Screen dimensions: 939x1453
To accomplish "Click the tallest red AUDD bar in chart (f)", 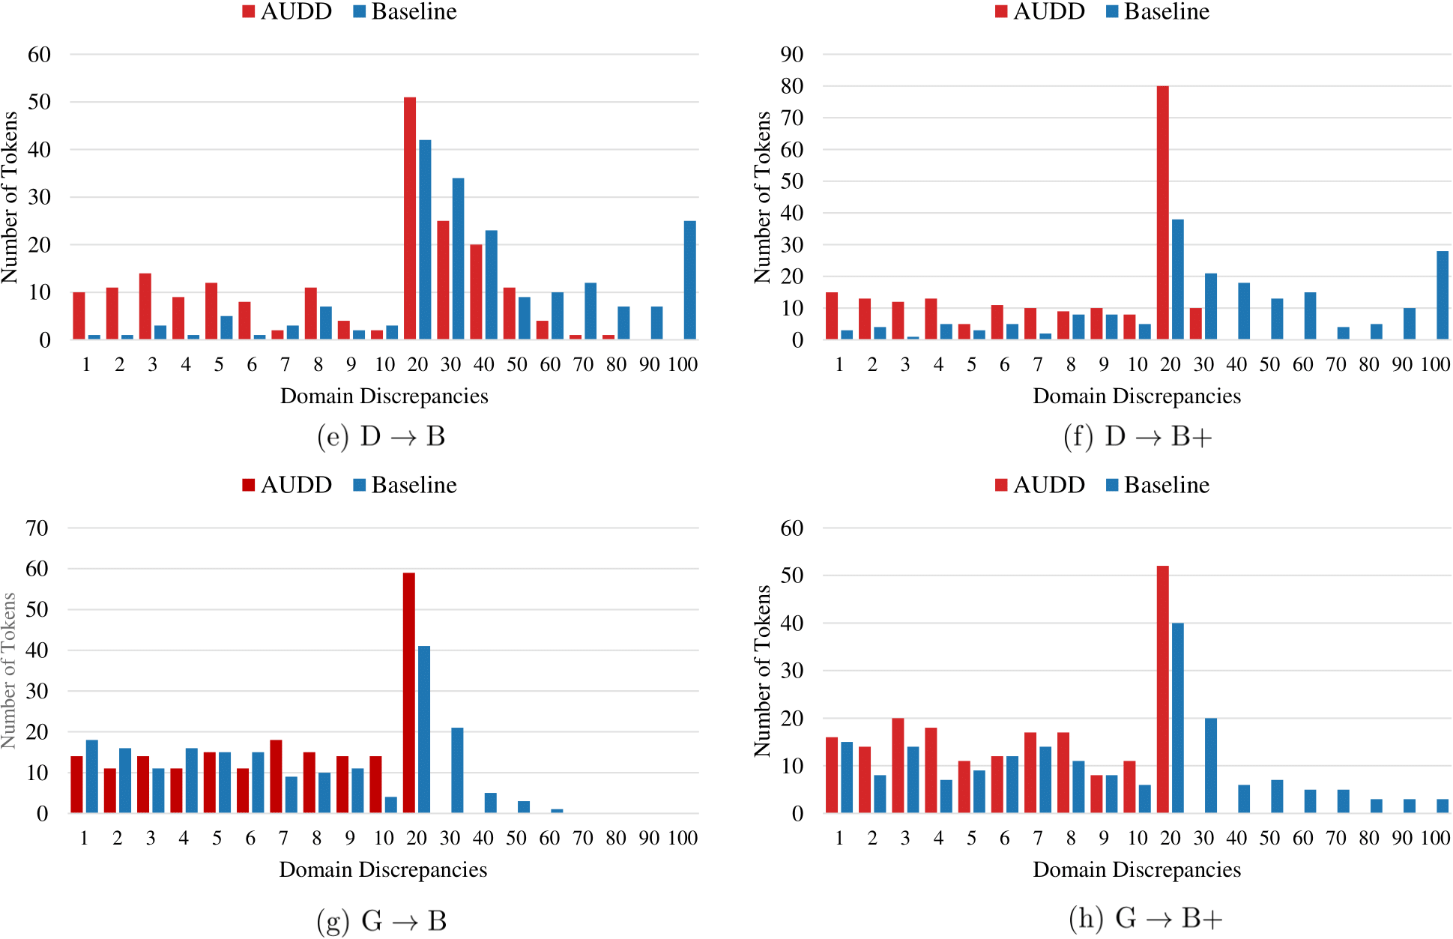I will pos(1162,213).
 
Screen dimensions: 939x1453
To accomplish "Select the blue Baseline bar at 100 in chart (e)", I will pos(689,280).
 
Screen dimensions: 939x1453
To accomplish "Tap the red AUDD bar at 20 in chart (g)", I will pos(408,693).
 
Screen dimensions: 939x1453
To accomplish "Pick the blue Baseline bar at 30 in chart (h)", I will pos(1210,766).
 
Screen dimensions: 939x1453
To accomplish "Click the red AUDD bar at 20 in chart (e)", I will pos(410,218).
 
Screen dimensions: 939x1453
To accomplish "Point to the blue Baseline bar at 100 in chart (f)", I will pos(1443,295).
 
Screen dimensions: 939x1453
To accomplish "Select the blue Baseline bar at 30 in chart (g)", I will pos(457,770).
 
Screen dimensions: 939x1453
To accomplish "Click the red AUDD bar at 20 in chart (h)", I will pos(1162,689).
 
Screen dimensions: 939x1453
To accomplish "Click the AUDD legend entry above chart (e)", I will pos(288,11).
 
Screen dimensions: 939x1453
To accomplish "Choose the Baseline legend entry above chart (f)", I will pos(1158,11).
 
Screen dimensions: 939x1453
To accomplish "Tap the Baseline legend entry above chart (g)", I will pos(405,485).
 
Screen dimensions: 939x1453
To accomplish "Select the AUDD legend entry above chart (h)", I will pos(1040,485).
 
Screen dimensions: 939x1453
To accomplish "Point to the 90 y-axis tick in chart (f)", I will pos(792,55).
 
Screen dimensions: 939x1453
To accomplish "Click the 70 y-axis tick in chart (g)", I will pos(37,528).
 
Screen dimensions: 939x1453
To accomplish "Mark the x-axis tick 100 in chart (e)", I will pos(683,364).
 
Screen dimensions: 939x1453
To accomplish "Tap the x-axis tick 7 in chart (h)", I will pos(1038,838).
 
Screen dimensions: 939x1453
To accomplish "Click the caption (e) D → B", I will pos(381,436).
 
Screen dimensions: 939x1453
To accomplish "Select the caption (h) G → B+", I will pos(1146,917).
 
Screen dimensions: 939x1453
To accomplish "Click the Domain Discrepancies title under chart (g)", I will pos(383,869).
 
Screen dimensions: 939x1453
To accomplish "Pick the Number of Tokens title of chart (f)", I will pos(762,197).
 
